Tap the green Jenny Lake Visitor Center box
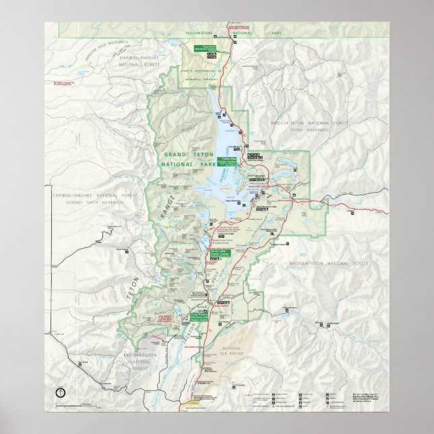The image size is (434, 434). pos(220,253)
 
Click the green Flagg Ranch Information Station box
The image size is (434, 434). pos(204,48)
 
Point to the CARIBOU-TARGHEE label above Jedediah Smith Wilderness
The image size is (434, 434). pos(87,195)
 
